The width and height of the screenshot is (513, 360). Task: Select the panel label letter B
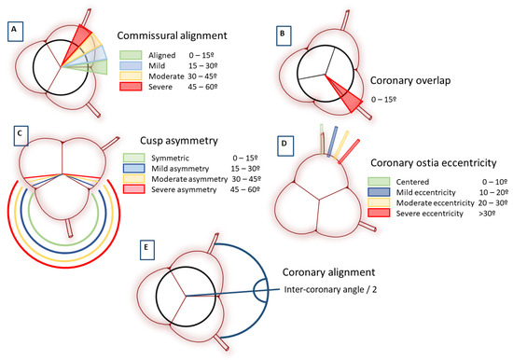(281, 34)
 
